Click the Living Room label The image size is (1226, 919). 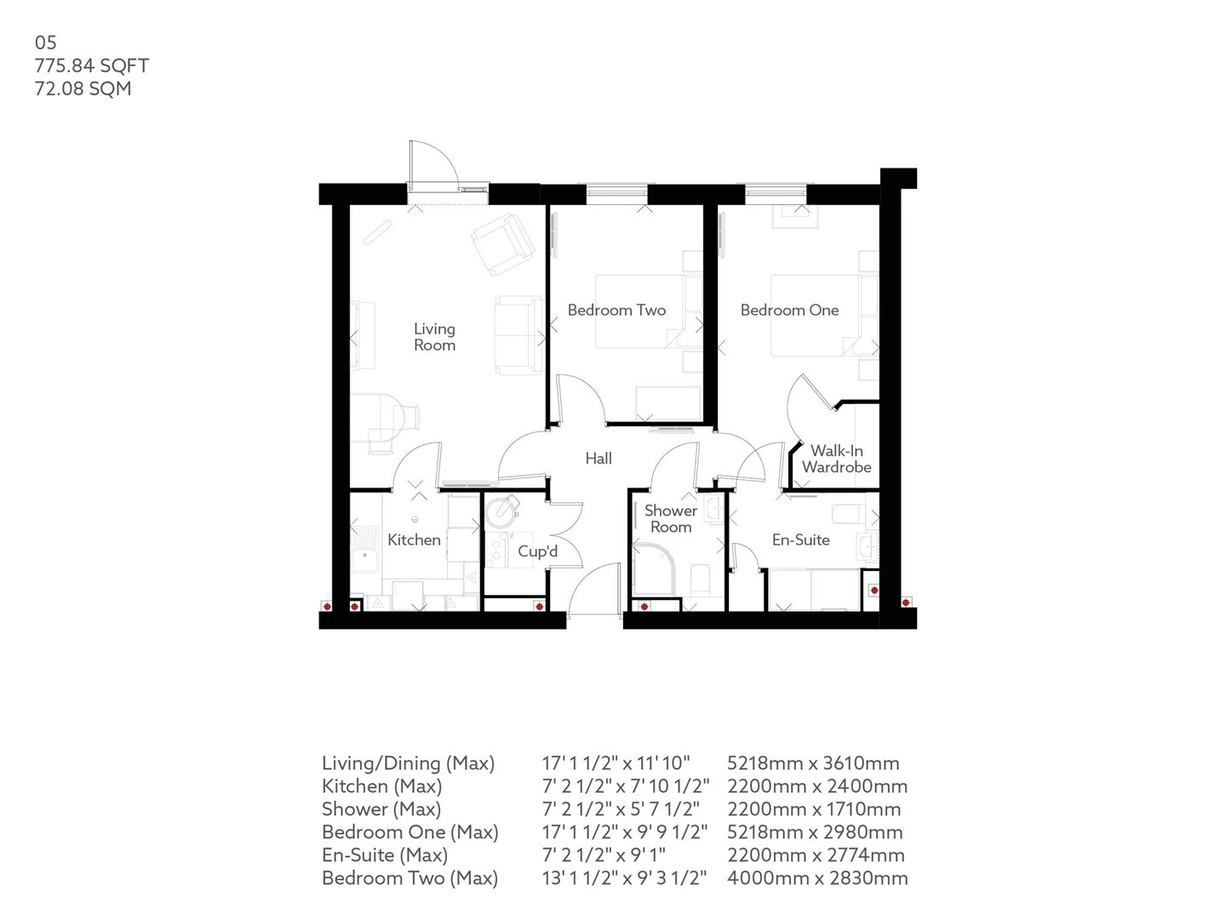(x=434, y=337)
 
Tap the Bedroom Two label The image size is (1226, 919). (x=616, y=311)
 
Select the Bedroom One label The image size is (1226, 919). (x=789, y=311)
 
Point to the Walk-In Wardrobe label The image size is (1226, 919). (x=836, y=459)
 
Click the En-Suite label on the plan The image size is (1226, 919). (x=800, y=539)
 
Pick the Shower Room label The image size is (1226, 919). (x=670, y=518)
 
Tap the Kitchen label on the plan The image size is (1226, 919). (x=414, y=539)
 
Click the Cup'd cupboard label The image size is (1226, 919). (x=537, y=551)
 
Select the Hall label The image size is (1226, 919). (x=599, y=459)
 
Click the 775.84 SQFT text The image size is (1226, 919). (x=92, y=66)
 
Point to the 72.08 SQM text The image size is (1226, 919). (x=83, y=88)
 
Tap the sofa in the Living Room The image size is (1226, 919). (x=518, y=335)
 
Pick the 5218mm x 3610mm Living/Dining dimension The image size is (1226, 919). (x=813, y=763)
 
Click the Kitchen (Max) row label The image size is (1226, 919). (x=381, y=786)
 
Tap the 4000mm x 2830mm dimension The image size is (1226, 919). (x=817, y=878)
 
